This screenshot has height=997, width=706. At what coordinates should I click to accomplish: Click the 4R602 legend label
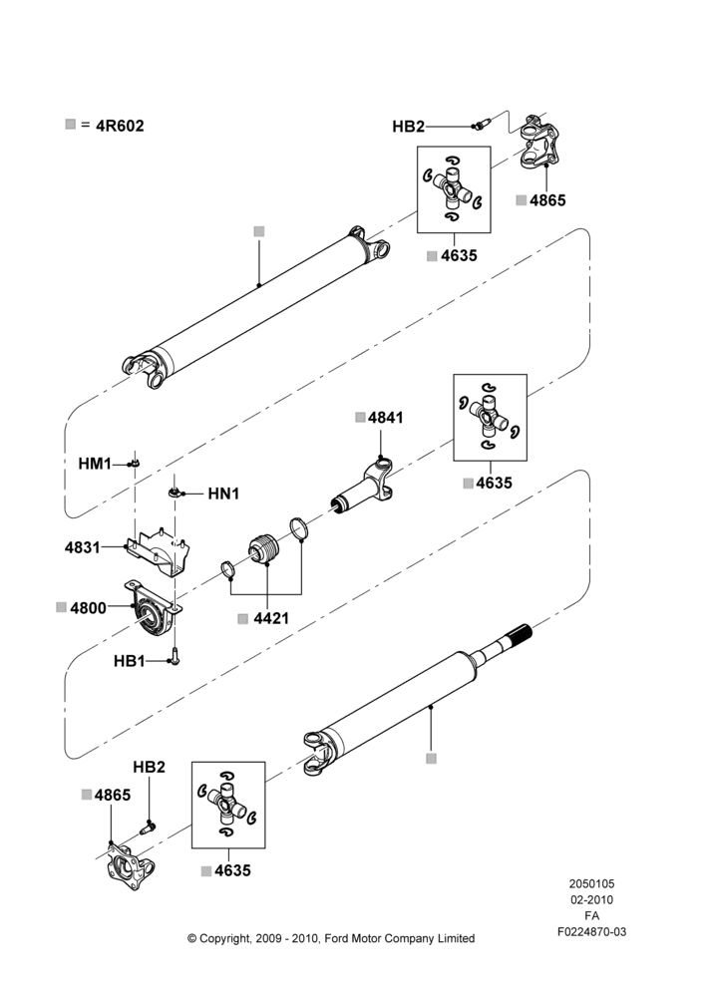click(x=120, y=126)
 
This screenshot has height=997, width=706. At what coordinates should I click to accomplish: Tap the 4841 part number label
click(x=386, y=418)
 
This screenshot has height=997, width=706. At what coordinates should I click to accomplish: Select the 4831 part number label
click(x=83, y=546)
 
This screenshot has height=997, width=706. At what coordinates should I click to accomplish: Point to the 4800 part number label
click(x=89, y=608)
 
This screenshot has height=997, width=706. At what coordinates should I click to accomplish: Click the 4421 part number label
click(x=271, y=618)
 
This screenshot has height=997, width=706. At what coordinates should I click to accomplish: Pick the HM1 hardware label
click(x=95, y=464)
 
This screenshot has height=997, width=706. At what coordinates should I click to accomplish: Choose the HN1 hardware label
click(x=224, y=494)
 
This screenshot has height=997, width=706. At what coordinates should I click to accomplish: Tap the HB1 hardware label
click(x=130, y=661)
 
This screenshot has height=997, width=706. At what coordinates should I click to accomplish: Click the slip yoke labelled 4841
click(x=364, y=488)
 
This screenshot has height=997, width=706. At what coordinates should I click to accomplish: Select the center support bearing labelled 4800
click(x=154, y=608)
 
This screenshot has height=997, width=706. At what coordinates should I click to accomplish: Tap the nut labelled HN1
click(x=176, y=493)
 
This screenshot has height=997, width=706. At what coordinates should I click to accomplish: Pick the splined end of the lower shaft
click(x=520, y=633)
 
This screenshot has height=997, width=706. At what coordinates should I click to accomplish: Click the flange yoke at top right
click(x=538, y=142)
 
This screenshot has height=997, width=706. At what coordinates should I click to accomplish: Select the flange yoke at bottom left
click(x=130, y=865)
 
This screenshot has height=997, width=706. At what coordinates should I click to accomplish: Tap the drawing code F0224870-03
click(x=591, y=931)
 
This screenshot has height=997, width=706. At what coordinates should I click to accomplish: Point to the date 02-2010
click(x=591, y=899)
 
